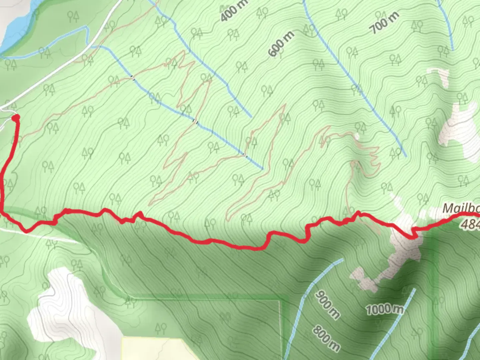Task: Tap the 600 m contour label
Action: (281, 44)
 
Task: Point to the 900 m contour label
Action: (327, 304)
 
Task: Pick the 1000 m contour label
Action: (385, 309)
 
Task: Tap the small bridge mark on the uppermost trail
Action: (133, 78)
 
